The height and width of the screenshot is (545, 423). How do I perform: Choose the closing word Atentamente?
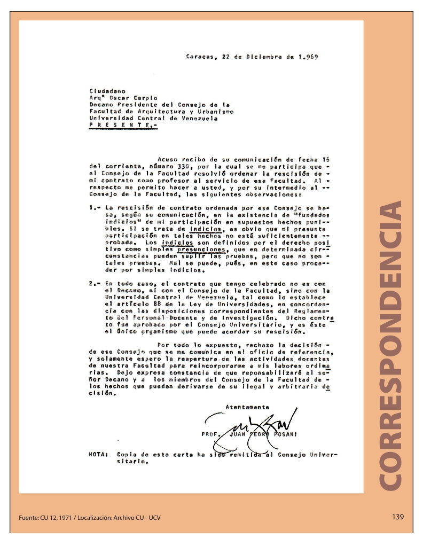pyautogui.click(x=247, y=407)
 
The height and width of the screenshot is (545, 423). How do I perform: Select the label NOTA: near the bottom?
pyautogui.click(x=98, y=454)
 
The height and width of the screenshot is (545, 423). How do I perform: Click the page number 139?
pyautogui.click(x=397, y=517)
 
